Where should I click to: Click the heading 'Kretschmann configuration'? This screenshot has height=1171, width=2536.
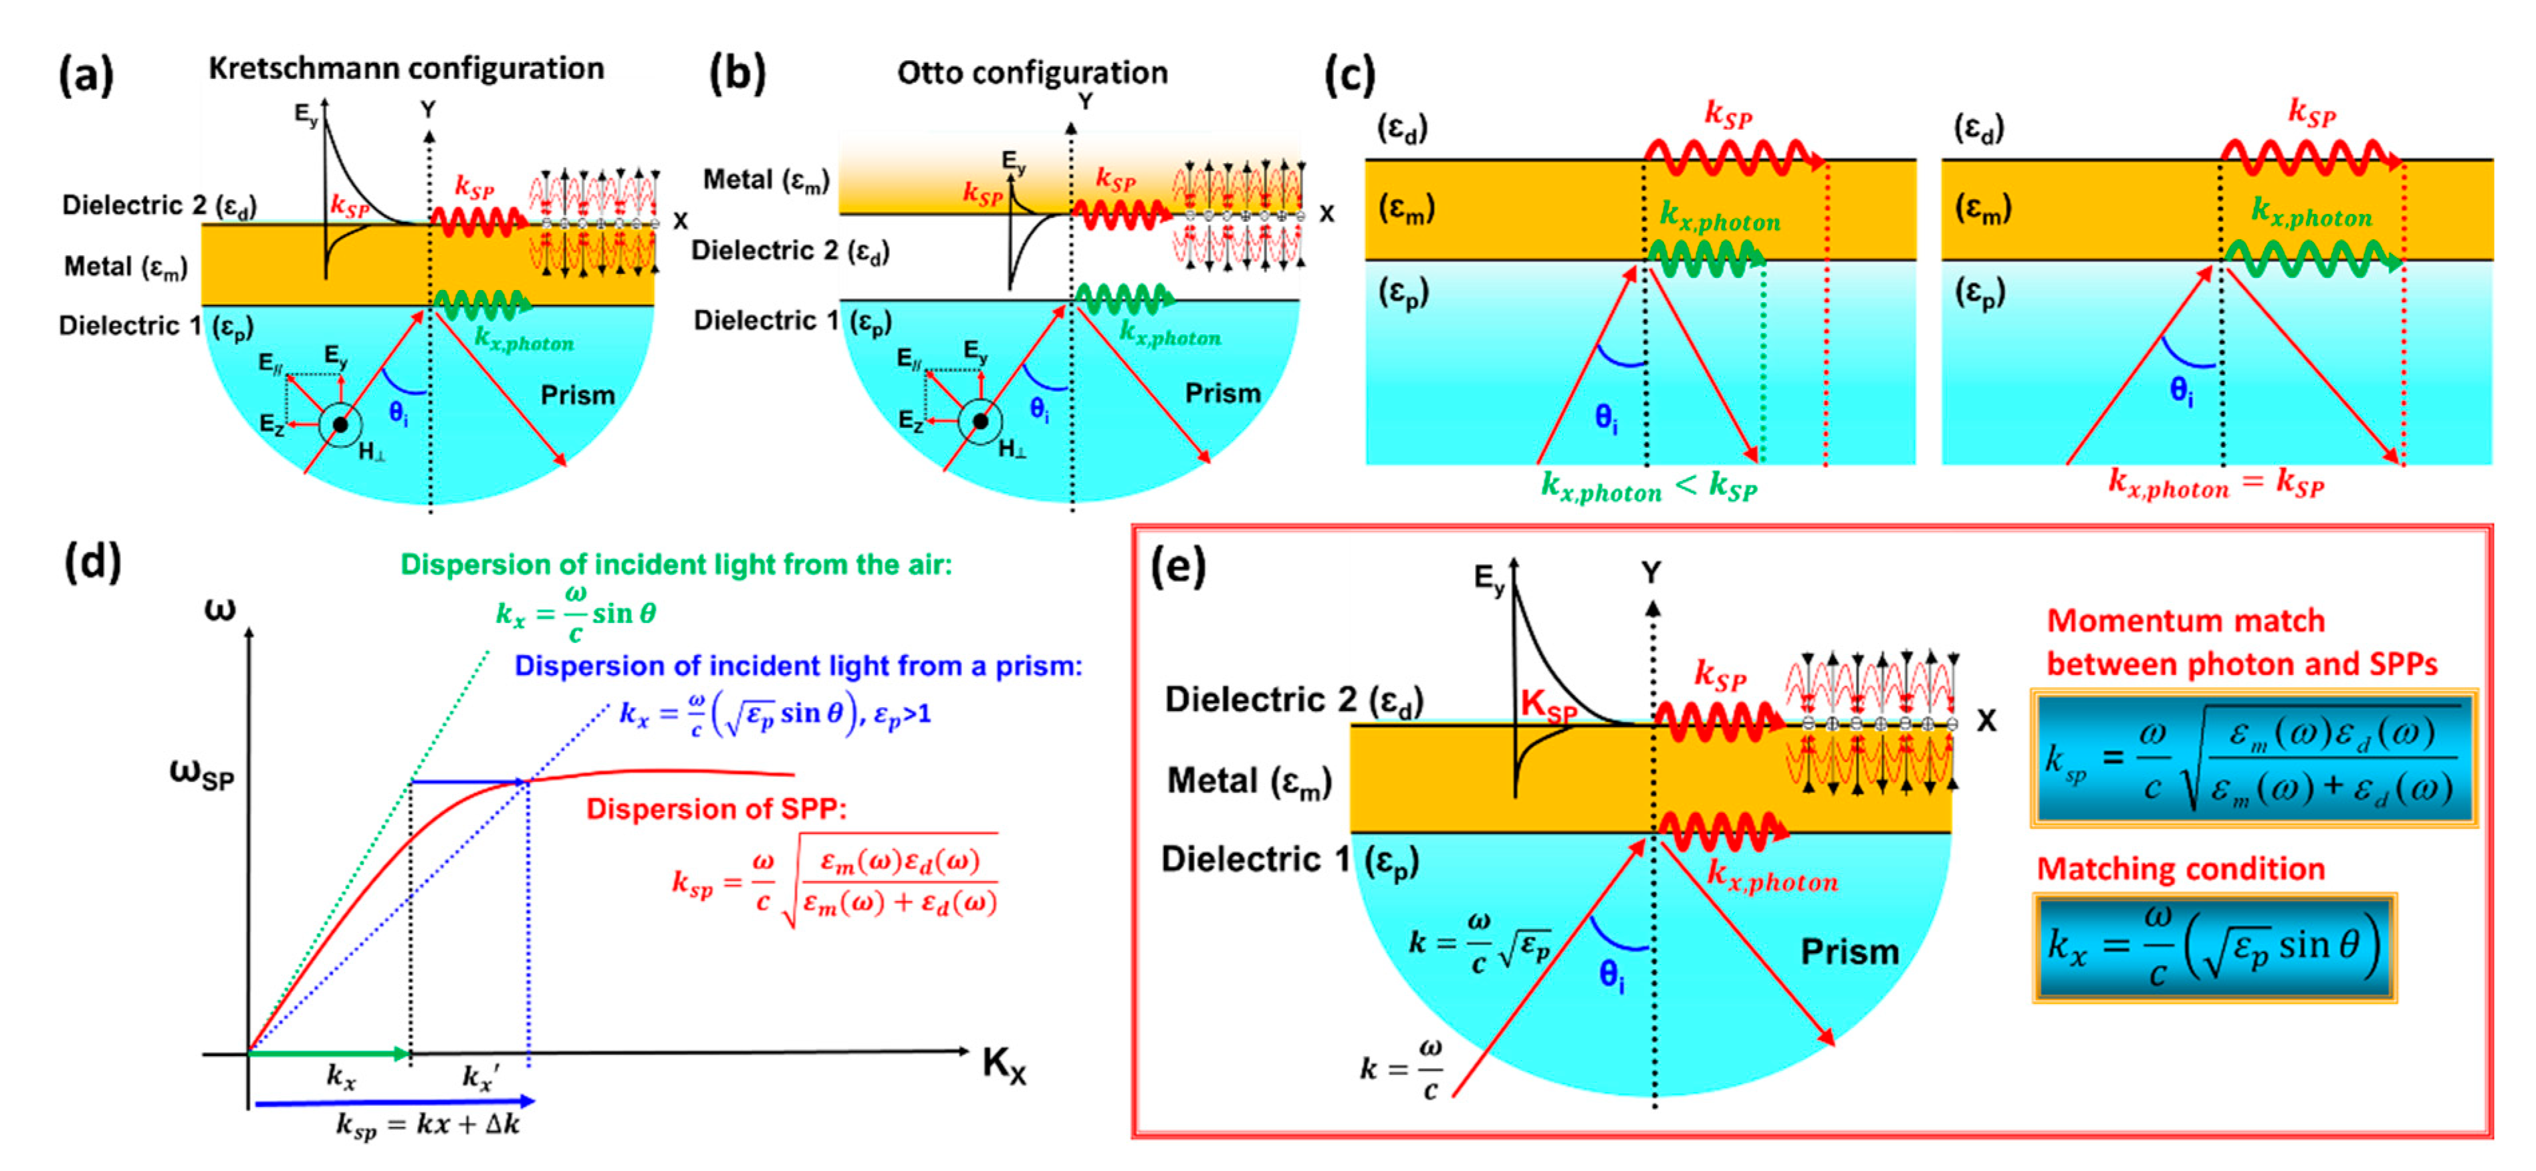[406, 68]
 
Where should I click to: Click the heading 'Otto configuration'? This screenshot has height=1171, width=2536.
[1032, 73]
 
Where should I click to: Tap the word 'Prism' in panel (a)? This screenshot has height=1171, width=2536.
[577, 396]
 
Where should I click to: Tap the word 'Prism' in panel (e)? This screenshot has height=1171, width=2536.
[1849, 952]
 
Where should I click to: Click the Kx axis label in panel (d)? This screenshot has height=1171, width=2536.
[1004, 1065]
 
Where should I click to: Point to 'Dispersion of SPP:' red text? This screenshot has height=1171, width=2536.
[715, 809]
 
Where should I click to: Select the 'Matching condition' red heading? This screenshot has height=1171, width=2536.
[2180, 869]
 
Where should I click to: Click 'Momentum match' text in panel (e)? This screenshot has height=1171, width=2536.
[2186, 621]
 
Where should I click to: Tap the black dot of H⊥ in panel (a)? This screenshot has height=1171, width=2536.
[340, 425]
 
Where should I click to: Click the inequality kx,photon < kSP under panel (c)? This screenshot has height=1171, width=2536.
[1648, 486]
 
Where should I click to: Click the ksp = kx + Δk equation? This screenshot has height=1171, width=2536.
[429, 1124]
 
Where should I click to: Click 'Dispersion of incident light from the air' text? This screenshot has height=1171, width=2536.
[675, 565]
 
